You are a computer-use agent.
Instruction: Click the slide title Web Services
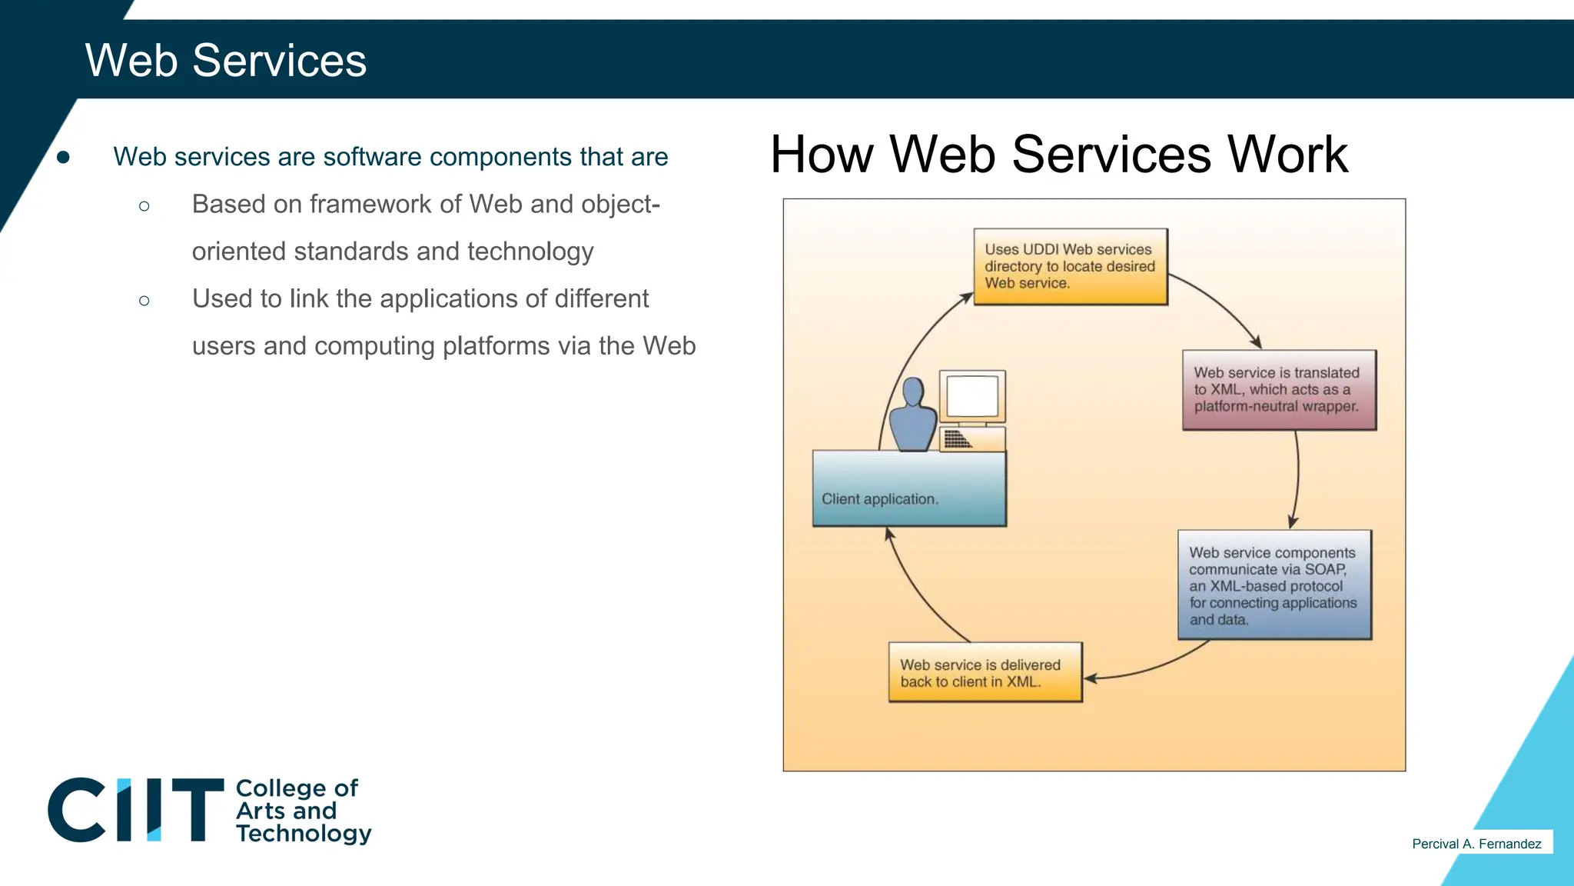tap(225, 60)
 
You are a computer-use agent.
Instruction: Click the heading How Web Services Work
tap(1058, 155)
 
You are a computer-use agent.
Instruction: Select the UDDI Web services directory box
tap(1070, 266)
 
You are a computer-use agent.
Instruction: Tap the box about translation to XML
tap(1278, 390)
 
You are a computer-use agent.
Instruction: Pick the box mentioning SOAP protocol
tap(1273, 585)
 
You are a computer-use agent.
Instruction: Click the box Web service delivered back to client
tap(984, 673)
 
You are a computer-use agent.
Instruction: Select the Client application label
tap(880, 499)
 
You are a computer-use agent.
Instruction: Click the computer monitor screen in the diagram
tap(972, 396)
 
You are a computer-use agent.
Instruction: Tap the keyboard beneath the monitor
tap(958, 439)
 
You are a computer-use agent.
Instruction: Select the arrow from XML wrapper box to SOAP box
tap(1297, 477)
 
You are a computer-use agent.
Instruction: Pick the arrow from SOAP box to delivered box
tap(1153, 668)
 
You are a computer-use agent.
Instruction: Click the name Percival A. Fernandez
tap(1476, 844)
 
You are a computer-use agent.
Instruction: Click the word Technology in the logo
tap(304, 834)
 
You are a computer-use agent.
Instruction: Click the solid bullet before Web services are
tap(64, 158)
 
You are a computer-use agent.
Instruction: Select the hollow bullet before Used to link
tap(144, 301)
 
